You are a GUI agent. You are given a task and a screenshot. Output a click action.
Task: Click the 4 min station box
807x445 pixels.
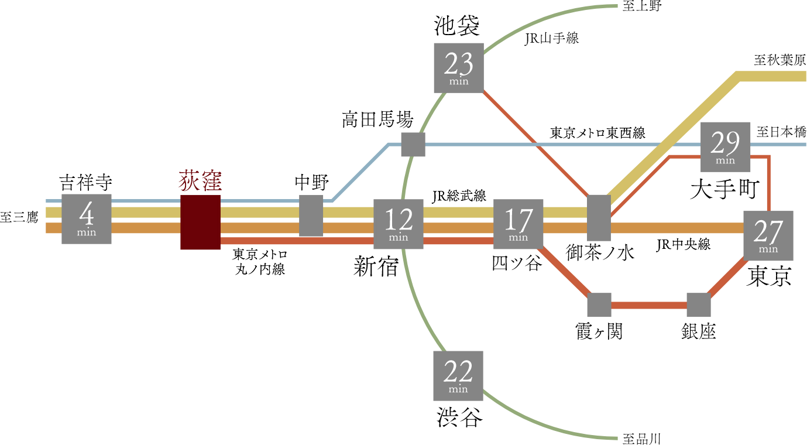tap(87, 218)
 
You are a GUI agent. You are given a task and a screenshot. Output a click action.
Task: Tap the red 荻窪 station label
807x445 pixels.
tap(200, 181)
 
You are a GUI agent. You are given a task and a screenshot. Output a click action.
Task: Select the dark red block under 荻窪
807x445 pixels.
tap(200, 222)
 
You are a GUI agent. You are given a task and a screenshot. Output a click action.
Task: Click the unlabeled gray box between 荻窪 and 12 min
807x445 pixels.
tap(311, 215)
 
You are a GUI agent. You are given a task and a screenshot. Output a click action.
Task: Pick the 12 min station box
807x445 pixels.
tap(399, 224)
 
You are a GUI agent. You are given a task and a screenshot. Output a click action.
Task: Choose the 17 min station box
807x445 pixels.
tap(518, 224)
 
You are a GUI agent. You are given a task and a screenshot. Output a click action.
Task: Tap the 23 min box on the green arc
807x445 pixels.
tap(459, 67)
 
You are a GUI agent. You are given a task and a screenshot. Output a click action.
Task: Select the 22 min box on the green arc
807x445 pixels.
tap(458, 375)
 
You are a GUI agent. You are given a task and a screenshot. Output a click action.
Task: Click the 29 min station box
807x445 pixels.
tap(726, 146)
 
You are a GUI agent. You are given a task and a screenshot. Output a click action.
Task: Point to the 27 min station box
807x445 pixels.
tap(768, 235)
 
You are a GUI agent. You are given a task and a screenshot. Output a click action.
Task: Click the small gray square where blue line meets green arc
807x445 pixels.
tap(413, 144)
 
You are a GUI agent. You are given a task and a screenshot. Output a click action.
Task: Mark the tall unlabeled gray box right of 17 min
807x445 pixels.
tap(599, 218)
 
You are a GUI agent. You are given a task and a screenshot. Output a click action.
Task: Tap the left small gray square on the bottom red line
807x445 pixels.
tap(599, 305)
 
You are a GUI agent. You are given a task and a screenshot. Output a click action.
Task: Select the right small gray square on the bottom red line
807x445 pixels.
tap(699, 305)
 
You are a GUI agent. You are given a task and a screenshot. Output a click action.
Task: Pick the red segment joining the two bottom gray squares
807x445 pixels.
tap(649, 305)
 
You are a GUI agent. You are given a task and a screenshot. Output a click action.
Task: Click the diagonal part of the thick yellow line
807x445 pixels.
tap(673, 136)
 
